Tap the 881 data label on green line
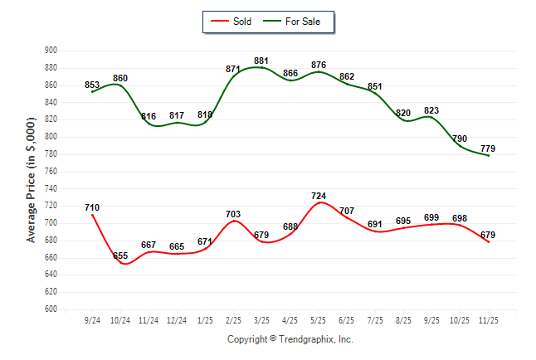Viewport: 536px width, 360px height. click(261, 61)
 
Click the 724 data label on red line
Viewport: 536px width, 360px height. click(319, 196)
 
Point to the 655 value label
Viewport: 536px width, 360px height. click(120, 256)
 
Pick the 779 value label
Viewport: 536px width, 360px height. click(488, 148)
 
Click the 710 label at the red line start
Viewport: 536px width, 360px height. click(92, 207)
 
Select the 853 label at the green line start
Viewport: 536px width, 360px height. click(92, 85)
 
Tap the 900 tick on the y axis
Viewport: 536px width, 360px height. click(50, 51)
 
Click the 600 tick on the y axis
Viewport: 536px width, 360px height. click(50, 309)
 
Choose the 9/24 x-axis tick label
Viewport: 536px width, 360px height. click(92, 320)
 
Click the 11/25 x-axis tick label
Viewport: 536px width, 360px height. click(488, 320)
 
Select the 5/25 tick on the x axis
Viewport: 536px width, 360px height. click(319, 320)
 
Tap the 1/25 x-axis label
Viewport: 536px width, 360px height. click(205, 320)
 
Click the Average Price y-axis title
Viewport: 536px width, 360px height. click(32, 180)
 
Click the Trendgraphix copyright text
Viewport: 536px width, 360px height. click(290, 339)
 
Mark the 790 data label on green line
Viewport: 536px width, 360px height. click(460, 139)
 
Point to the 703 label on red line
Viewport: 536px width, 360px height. click(233, 214)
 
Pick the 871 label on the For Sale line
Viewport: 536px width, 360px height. click(233, 69)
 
